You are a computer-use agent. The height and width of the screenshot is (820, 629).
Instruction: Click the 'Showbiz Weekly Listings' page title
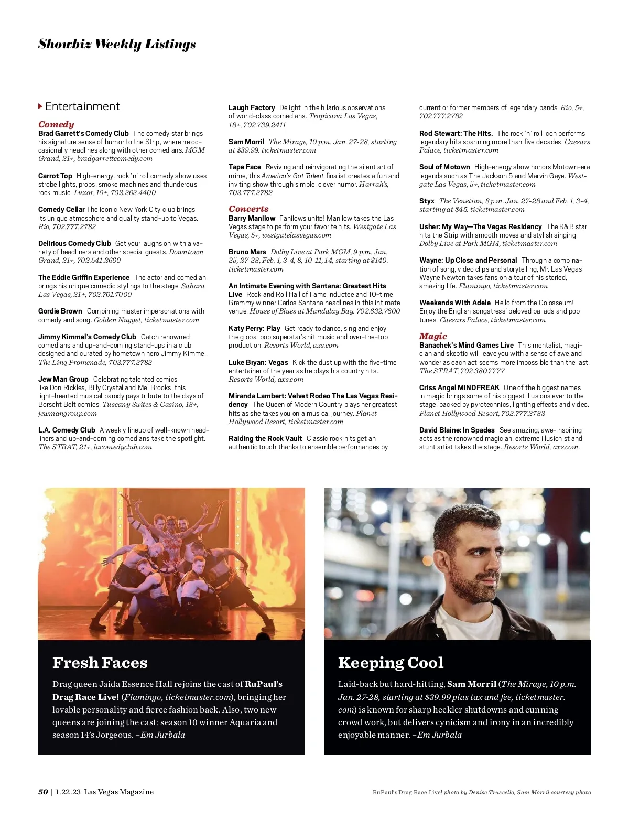[117, 44]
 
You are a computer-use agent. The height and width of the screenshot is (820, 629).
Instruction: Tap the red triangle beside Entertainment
[40, 106]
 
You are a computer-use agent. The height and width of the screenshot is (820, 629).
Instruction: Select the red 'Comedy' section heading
[56, 124]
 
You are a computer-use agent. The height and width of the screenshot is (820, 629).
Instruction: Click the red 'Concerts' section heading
[248, 209]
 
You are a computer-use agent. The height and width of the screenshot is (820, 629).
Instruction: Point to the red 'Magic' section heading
[433, 336]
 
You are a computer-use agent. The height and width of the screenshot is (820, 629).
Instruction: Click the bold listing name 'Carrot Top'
[55, 176]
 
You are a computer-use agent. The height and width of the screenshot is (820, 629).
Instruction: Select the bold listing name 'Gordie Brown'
[60, 311]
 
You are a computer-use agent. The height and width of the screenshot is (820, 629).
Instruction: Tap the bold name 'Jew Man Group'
[63, 379]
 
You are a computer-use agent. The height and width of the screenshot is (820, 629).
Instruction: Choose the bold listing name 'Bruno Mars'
[247, 252]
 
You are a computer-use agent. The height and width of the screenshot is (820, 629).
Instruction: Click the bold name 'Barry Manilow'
[252, 218]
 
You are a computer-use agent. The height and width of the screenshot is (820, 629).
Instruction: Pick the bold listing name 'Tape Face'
[245, 167]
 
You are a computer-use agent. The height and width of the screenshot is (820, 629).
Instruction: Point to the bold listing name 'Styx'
[427, 201]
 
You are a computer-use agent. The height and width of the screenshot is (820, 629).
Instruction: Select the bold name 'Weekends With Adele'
[455, 303]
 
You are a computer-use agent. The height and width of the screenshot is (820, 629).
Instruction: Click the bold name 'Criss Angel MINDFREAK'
[459, 387]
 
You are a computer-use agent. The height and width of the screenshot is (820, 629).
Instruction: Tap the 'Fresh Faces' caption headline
[100, 663]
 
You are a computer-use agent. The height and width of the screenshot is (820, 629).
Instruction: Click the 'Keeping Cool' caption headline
[391, 663]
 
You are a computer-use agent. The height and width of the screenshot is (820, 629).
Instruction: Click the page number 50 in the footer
[43, 792]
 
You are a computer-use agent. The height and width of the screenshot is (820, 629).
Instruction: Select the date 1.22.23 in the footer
[68, 792]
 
